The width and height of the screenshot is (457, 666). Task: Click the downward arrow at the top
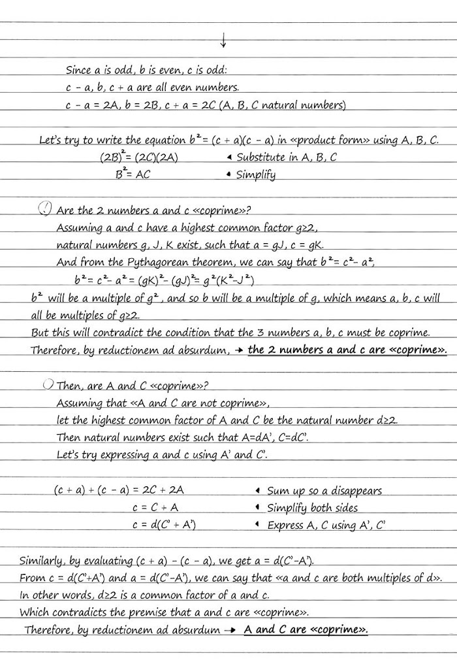coord(223,40)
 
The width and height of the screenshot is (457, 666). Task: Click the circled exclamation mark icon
coord(46,209)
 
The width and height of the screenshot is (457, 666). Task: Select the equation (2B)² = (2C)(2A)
coord(139,158)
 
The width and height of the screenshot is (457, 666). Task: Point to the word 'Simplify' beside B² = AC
coord(256,175)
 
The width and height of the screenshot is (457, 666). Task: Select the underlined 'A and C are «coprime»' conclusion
coord(306,630)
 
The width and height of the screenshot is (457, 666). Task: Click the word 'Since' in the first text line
coord(78,70)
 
